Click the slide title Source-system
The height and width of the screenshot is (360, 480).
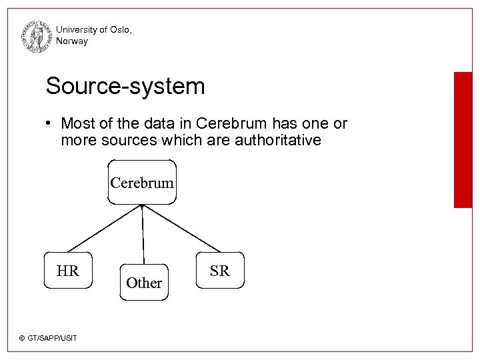pyautogui.click(x=125, y=86)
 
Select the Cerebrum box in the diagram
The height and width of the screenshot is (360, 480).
pyautogui.click(x=142, y=182)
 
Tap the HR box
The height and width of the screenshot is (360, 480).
pyautogui.click(x=67, y=270)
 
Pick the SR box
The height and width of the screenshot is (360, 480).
pyautogui.click(x=220, y=270)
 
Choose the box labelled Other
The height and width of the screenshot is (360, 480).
pyautogui.click(x=144, y=283)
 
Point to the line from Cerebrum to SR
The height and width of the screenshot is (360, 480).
pyautogui.click(x=181, y=228)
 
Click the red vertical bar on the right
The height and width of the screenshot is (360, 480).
pyautogui.click(x=463, y=140)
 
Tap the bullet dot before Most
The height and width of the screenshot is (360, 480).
pyautogui.click(x=50, y=124)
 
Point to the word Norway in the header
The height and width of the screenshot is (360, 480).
pyautogui.click(x=72, y=41)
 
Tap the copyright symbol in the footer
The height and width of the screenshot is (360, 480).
pyautogui.click(x=22, y=339)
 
